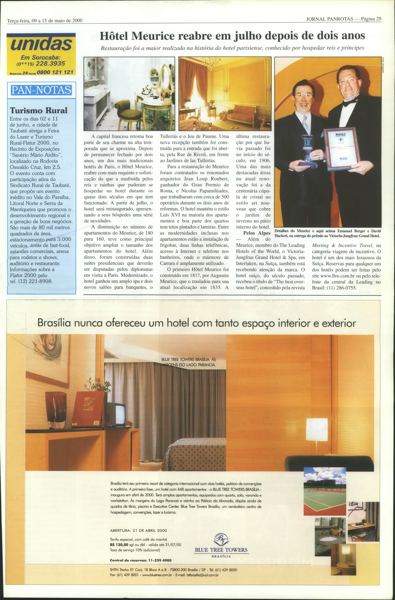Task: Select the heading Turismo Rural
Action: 38,110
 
